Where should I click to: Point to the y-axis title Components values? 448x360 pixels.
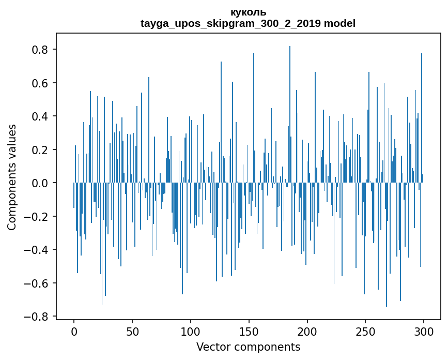click(12, 177)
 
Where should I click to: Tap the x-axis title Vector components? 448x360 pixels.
click(248, 347)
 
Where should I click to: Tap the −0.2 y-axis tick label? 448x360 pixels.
click(36, 217)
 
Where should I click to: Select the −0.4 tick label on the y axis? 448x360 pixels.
click(36, 250)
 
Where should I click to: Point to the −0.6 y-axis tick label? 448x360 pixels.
click(36, 283)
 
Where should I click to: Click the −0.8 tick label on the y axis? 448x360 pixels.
click(36, 317)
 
